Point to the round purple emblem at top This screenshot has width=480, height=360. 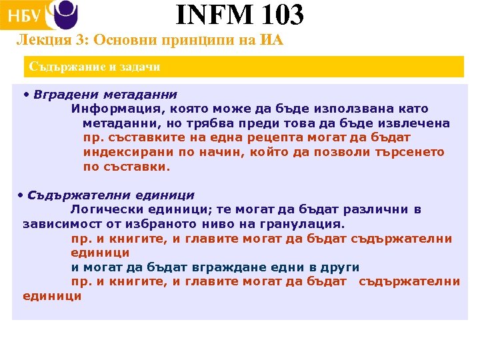pos(65,13)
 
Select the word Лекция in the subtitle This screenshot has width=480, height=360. pos(38,41)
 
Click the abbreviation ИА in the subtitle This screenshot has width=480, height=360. pos(272,41)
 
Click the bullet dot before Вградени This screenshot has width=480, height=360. pos(26,94)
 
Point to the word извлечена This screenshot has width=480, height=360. pos(415,123)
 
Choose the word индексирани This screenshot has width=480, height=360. pos(120,153)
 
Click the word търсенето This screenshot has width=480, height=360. pos(408,153)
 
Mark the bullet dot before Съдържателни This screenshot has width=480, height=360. pos(21,195)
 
